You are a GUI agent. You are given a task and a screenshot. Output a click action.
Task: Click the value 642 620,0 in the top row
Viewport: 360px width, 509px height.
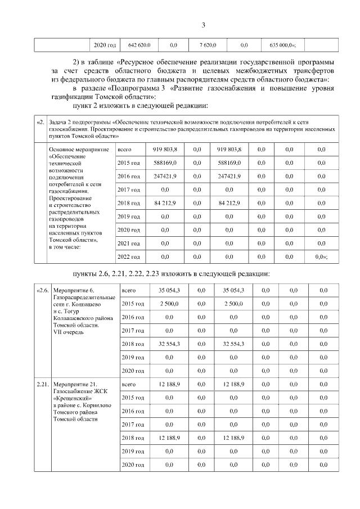click(x=139, y=44)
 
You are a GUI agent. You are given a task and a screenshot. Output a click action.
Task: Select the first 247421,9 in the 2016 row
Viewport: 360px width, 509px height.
click(x=165, y=176)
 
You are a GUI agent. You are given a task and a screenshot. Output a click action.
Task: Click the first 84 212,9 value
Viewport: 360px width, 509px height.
click(x=165, y=202)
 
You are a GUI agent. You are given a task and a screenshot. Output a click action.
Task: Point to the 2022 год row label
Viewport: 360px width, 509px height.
click(x=128, y=256)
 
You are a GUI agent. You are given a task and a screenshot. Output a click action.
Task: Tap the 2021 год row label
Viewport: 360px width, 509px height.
click(x=128, y=243)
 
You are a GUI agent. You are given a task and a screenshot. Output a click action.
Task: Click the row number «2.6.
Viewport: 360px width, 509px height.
click(x=42, y=290)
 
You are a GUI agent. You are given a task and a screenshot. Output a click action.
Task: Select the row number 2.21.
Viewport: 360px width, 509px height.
click(x=43, y=385)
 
